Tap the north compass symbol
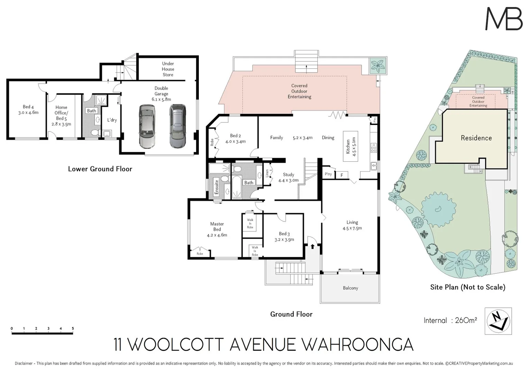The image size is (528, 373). point(498,321)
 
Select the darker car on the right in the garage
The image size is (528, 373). point(177,126)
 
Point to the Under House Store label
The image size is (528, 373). point(168,69)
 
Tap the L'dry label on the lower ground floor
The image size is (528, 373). point(112,120)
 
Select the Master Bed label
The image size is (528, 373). point(217,227)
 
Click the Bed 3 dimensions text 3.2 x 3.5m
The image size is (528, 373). point(284,239)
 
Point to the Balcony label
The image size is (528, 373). point(350,288)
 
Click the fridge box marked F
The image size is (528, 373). point(342,175)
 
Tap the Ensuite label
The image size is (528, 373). point(217,187)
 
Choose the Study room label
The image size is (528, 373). point(288,174)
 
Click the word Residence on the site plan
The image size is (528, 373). point(476,138)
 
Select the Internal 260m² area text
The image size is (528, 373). point(450,320)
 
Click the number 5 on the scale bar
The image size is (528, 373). point(73,328)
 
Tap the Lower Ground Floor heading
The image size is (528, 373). point(100,169)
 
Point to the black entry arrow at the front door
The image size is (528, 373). point(313,246)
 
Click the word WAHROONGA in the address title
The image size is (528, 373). point(358,344)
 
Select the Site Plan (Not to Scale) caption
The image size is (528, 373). point(467,287)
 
